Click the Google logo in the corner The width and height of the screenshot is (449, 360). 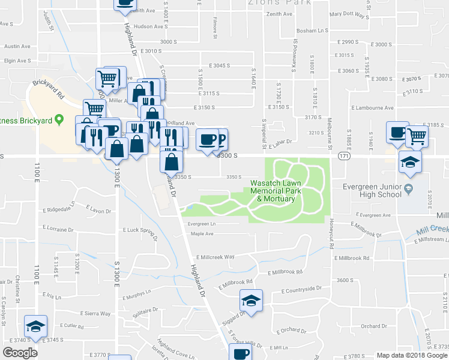(20, 353)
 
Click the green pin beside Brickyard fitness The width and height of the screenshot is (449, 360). (59, 119)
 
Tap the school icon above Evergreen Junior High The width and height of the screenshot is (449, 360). (411, 161)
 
